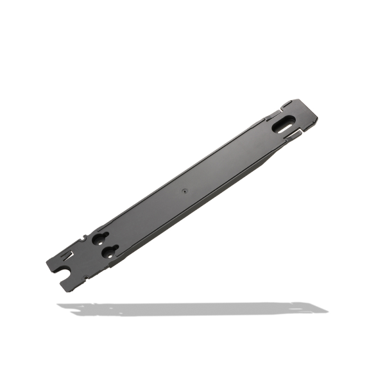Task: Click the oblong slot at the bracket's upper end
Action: point(282,125)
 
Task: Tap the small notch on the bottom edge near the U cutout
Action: point(86,278)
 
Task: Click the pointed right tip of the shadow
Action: point(327,311)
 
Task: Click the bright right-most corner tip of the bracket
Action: point(318,119)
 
